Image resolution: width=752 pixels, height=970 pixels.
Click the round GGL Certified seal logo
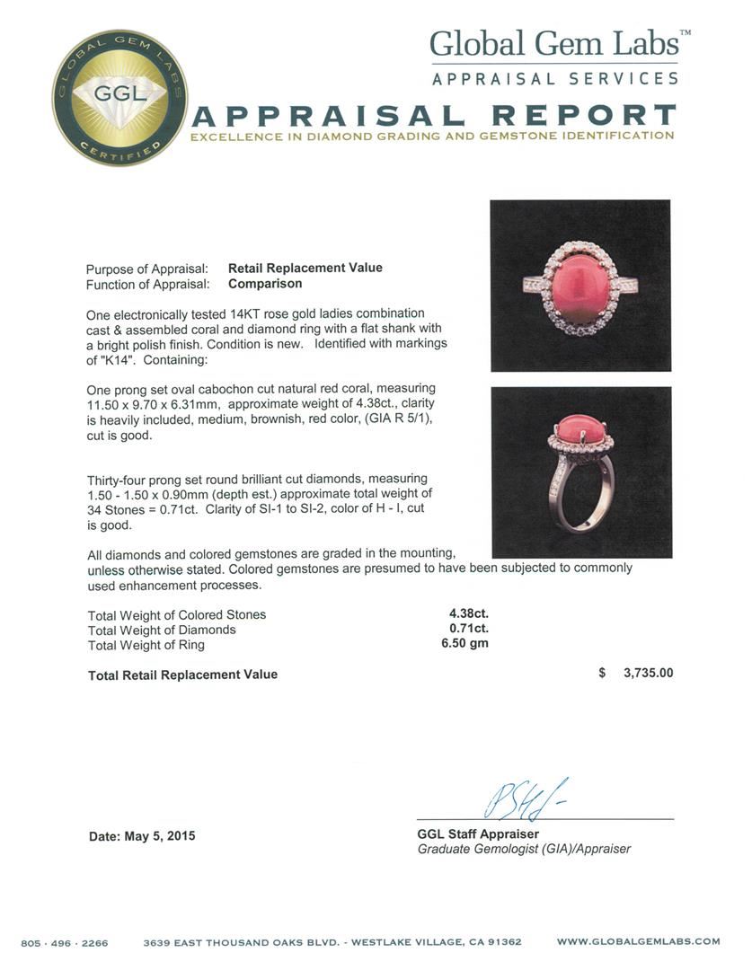pos(119,97)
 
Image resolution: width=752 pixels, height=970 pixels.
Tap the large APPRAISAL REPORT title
pos(434,115)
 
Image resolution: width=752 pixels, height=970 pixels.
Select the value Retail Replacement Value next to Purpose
pos(305,268)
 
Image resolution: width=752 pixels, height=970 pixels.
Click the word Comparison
pos(265,283)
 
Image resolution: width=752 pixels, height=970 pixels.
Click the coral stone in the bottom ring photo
pos(580,421)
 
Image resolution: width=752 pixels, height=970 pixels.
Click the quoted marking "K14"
pos(103,360)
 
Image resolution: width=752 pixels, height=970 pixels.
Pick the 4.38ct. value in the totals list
pos(469,614)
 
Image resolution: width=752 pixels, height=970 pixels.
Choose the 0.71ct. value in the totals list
pos(469,630)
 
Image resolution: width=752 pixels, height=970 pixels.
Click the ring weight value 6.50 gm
pos(468,644)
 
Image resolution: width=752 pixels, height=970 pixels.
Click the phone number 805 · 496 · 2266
pos(65,942)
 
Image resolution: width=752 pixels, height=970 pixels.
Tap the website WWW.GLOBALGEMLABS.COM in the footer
pos(638,941)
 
